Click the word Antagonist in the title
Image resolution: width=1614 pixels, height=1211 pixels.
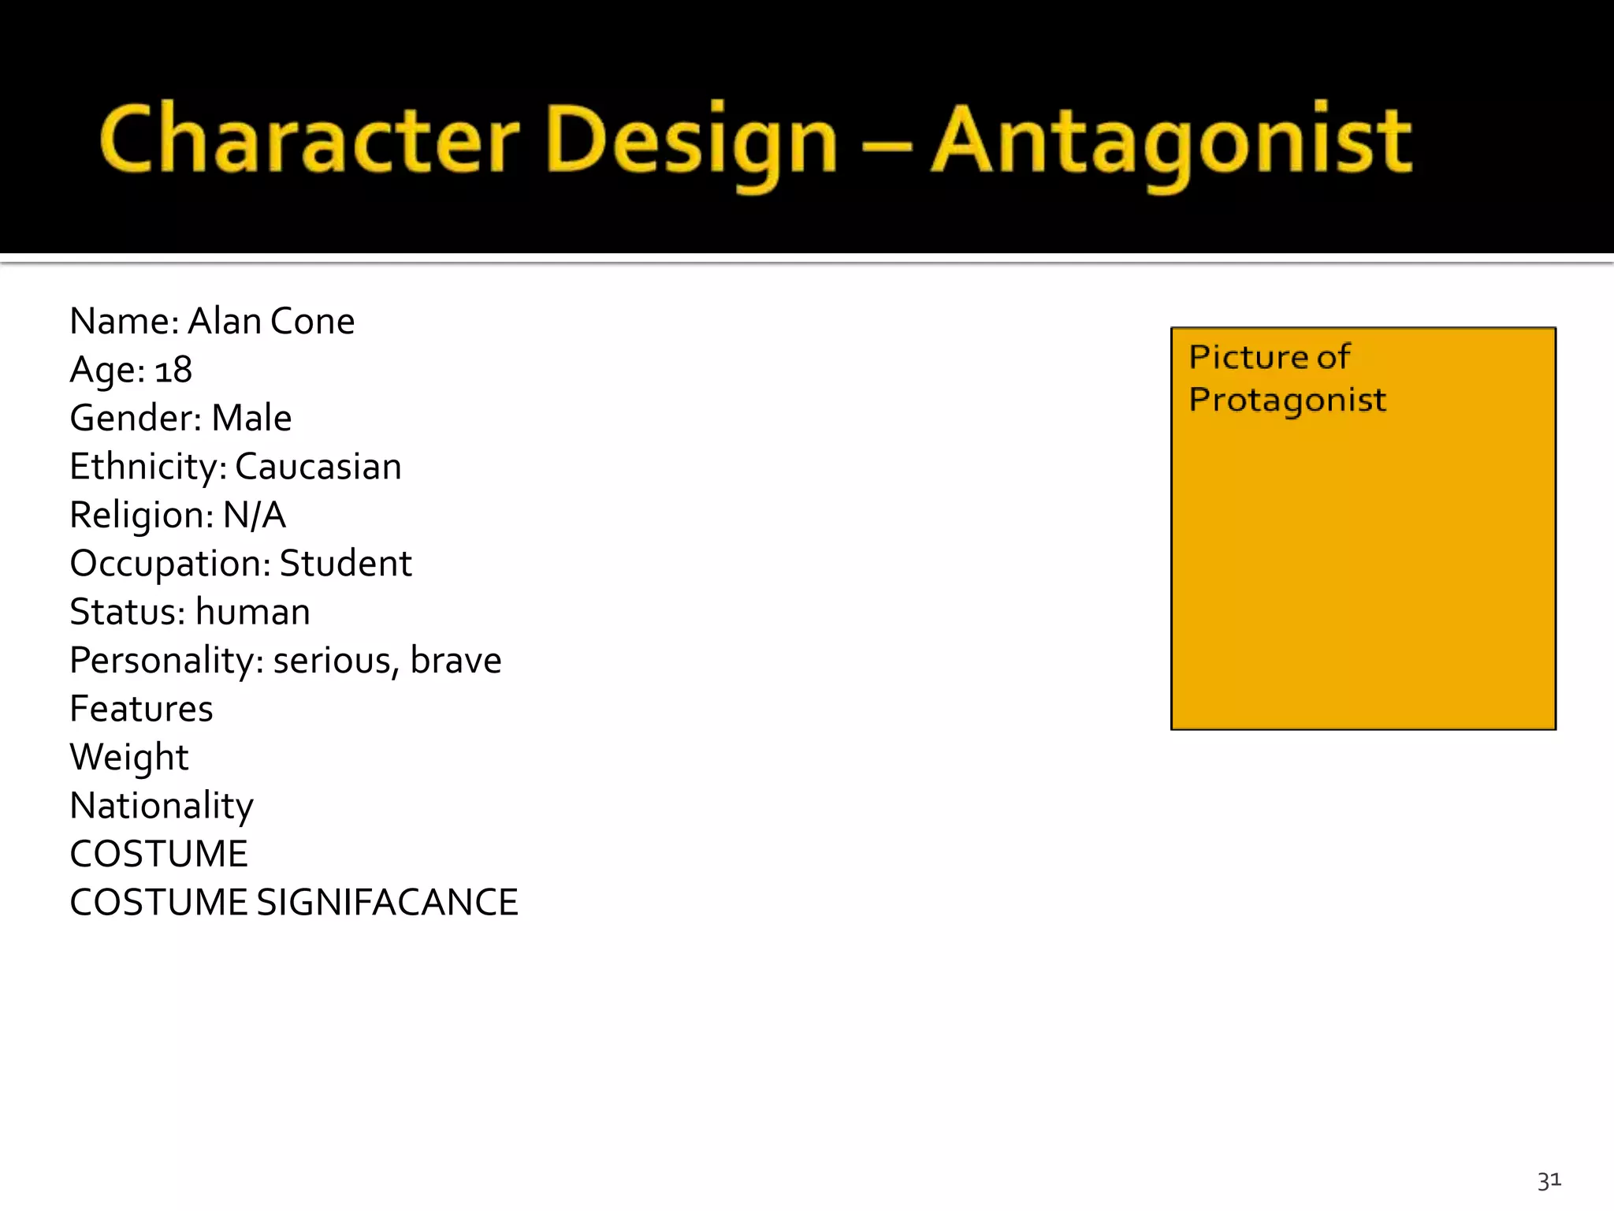point(1172,142)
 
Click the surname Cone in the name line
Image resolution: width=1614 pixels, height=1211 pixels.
point(312,322)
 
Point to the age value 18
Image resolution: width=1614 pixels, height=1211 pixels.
point(173,370)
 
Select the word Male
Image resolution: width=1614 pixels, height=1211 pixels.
point(251,418)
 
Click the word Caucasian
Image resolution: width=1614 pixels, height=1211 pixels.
point(318,467)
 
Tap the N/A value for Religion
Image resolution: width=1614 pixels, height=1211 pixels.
point(254,516)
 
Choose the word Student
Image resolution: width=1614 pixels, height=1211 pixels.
point(345,564)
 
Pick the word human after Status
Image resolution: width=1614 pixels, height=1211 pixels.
point(252,613)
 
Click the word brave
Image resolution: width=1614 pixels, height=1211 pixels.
point(456,661)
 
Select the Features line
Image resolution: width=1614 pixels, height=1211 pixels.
point(141,709)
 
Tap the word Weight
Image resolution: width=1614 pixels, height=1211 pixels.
point(129,758)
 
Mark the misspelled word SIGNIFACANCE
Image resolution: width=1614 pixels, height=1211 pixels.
point(387,903)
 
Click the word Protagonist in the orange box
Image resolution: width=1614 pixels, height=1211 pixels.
point(1287,401)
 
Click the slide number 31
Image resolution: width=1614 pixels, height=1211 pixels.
point(1549,1180)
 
